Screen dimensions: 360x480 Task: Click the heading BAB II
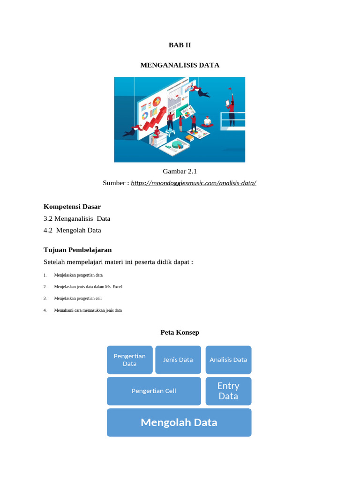tap(180, 45)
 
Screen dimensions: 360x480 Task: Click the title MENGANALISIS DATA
tap(180, 65)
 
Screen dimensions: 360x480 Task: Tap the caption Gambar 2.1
tap(180, 171)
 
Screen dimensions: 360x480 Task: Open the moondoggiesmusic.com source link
tap(194, 183)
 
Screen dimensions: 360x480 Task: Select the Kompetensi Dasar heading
tap(72, 206)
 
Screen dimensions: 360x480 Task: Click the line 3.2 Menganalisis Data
tap(77, 218)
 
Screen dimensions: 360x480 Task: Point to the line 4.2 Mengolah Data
tap(72, 230)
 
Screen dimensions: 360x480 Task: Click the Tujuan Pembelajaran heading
tap(77, 250)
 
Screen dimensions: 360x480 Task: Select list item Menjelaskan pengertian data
tap(78, 275)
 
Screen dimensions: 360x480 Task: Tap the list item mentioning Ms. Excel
tap(88, 286)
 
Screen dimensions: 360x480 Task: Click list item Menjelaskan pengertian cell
tap(78, 298)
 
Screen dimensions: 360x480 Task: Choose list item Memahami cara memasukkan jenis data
tap(88, 310)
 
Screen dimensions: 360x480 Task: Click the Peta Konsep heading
tap(180, 332)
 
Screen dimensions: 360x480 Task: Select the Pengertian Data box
tap(130, 360)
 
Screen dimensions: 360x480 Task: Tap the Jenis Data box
tap(178, 360)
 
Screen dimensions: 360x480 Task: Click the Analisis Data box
tap(228, 360)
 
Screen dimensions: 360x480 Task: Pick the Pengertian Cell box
tap(154, 391)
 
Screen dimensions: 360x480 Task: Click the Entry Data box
tap(228, 391)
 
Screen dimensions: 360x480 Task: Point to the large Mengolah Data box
tap(179, 422)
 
